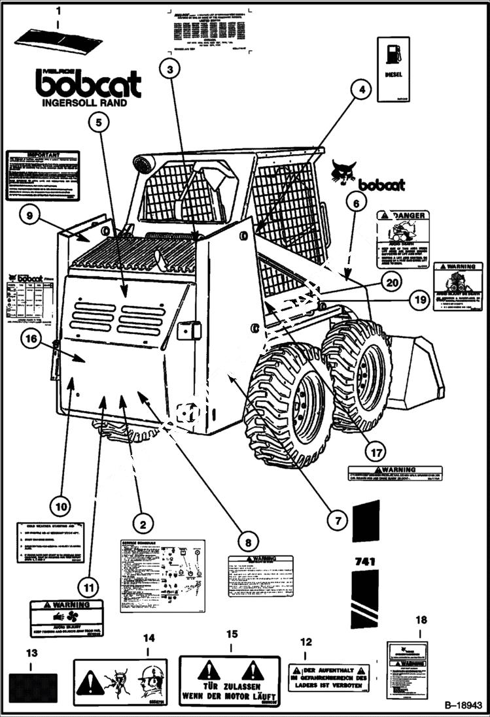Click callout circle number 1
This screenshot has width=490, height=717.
point(58,11)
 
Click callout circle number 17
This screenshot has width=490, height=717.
point(375,450)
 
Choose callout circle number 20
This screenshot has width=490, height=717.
point(391,282)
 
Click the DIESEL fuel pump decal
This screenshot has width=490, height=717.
point(393,69)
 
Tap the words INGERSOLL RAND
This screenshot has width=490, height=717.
point(84,103)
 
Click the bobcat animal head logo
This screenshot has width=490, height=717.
point(343,172)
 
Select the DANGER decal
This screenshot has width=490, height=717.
point(402,239)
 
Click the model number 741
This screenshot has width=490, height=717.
point(364,561)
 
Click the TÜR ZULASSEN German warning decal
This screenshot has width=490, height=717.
point(230,681)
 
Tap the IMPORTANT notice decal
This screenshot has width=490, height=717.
point(43,175)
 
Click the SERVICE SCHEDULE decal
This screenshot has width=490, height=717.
point(162,575)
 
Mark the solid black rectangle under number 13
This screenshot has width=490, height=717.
point(33,688)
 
